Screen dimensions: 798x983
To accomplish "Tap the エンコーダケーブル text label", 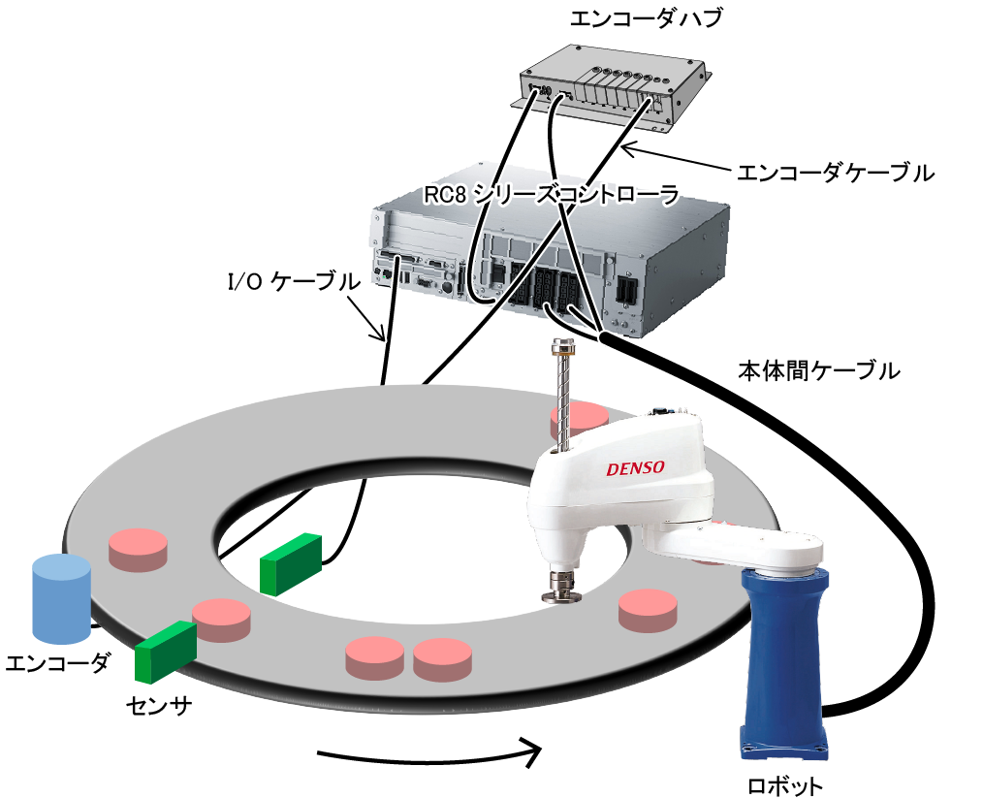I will click(835, 173).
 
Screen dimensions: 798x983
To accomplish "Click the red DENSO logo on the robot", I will click(635, 467).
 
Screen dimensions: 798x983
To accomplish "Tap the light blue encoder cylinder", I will click(62, 599).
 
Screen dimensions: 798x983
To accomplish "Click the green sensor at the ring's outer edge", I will click(166, 650).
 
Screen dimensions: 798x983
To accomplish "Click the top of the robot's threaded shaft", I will click(560, 345).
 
